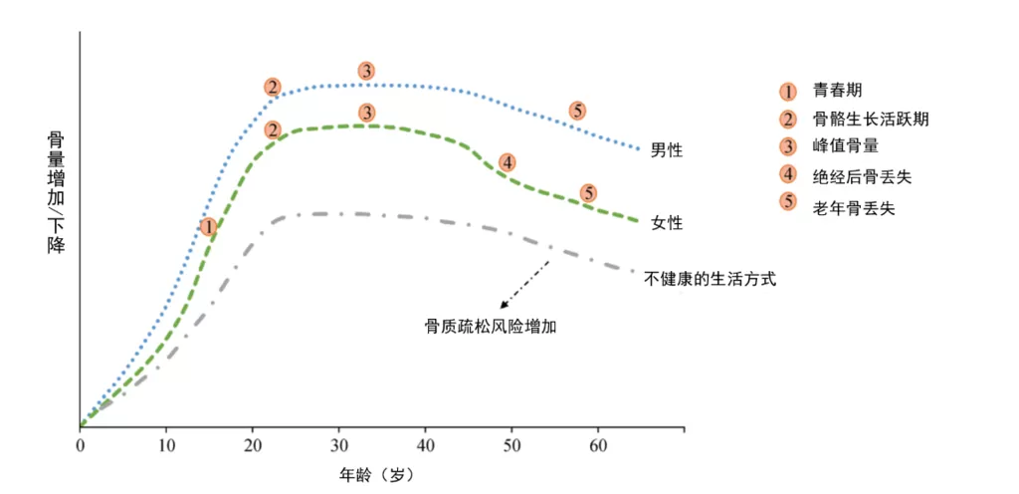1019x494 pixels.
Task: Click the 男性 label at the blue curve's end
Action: coord(667,150)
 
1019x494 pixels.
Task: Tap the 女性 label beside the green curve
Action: coord(667,222)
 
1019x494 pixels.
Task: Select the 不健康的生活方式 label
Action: coord(710,279)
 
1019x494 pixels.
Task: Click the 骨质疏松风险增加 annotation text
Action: coord(490,326)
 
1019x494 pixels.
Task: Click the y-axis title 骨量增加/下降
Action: coord(57,191)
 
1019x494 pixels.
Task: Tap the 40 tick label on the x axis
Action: coord(425,444)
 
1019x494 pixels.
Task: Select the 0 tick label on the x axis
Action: coord(81,444)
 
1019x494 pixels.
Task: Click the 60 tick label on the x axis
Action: coord(598,444)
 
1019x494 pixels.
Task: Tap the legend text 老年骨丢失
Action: coord(854,207)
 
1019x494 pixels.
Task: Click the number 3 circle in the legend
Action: coord(788,148)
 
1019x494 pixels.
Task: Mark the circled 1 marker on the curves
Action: coord(208,227)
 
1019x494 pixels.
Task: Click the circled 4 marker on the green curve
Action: coord(507,162)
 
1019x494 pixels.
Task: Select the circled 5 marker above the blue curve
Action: coord(577,111)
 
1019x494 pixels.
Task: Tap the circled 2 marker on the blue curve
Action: coord(273,88)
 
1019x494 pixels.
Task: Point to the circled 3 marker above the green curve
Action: coord(367,113)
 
